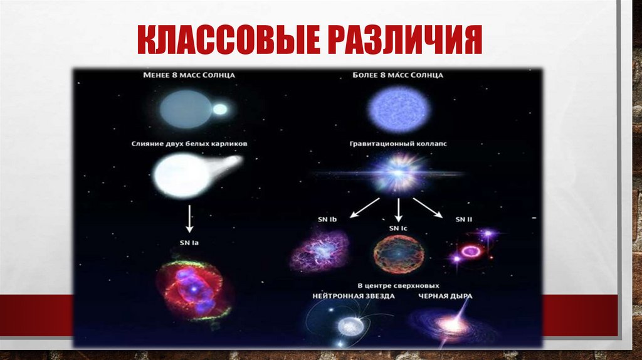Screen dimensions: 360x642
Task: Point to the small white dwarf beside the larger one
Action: (x=220, y=109)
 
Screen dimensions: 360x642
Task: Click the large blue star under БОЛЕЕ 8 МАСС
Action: (x=398, y=109)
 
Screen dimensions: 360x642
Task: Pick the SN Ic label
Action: (x=397, y=228)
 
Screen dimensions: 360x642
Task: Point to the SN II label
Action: (x=464, y=219)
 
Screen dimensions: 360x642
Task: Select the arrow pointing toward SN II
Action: (x=429, y=208)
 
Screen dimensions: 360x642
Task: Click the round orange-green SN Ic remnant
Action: (x=398, y=253)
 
